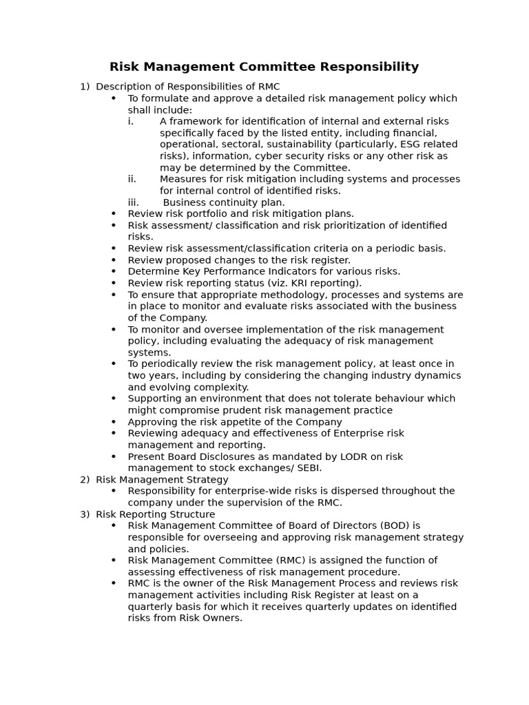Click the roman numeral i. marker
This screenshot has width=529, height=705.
click(x=131, y=121)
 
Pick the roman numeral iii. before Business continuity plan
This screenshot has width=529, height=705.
click(x=134, y=202)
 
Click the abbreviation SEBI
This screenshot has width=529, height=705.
click(x=307, y=468)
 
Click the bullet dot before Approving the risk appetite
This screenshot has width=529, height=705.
click(x=114, y=422)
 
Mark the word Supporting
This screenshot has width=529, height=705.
click(x=154, y=399)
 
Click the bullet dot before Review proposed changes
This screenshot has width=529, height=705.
click(x=114, y=260)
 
